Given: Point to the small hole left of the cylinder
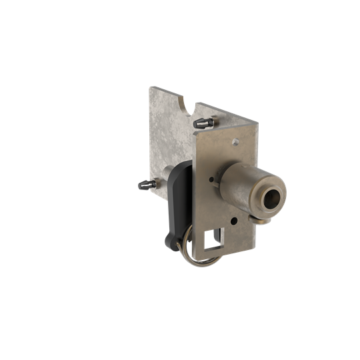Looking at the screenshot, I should [211, 179].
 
